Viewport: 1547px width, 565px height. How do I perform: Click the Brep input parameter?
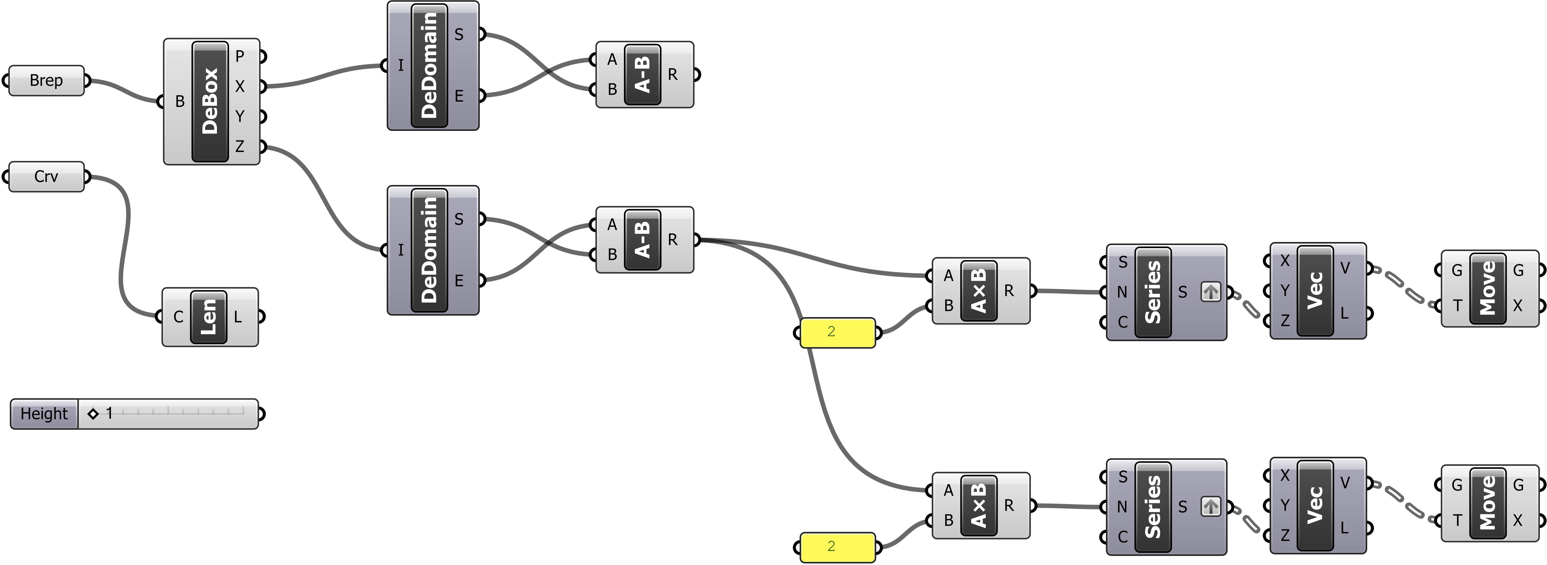[x=46, y=80]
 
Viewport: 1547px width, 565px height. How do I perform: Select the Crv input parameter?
[x=46, y=177]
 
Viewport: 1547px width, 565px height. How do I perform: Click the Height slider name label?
[x=44, y=414]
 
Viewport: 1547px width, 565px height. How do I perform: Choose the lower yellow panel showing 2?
[x=837, y=546]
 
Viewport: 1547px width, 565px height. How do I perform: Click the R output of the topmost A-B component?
[x=673, y=74]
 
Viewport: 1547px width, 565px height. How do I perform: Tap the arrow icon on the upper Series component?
[x=1211, y=292]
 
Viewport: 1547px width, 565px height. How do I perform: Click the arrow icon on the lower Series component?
[x=1211, y=507]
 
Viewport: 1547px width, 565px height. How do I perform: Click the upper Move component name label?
[x=1488, y=288]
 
